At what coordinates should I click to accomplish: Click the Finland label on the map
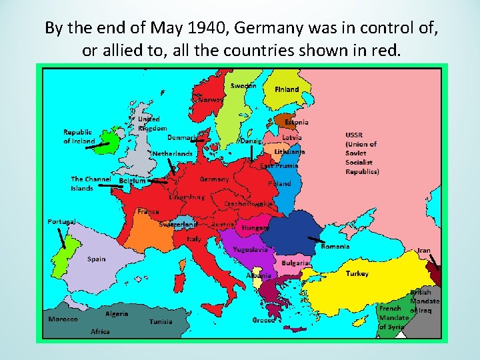(287, 89)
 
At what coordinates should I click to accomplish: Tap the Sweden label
(243, 85)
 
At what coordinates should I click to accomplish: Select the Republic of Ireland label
(78, 137)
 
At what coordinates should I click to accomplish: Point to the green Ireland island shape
(107, 142)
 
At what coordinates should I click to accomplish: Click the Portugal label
(61, 221)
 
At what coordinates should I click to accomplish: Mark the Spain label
(96, 259)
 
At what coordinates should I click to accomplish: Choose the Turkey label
(357, 274)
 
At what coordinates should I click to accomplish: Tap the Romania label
(335, 246)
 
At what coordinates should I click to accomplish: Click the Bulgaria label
(295, 263)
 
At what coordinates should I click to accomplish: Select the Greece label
(264, 320)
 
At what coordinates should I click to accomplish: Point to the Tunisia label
(161, 321)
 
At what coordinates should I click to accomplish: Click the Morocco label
(63, 319)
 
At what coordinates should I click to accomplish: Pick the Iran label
(424, 251)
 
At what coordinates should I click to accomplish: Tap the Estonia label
(297, 122)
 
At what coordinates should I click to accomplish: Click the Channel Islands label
(91, 183)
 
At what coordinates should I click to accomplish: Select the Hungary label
(255, 227)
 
